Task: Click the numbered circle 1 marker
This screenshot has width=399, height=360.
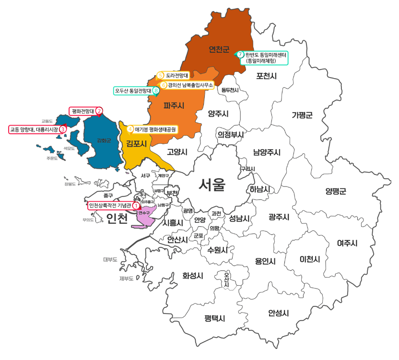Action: (x=136, y=206)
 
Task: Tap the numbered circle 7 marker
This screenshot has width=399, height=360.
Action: (x=240, y=54)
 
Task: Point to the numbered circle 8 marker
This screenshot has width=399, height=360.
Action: (x=156, y=90)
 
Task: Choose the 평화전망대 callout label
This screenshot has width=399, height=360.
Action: (x=82, y=111)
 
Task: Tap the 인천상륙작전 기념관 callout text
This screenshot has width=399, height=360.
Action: (x=110, y=206)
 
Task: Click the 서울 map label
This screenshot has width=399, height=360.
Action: (x=212, y=185)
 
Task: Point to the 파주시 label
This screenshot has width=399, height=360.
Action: (x=174, y=105)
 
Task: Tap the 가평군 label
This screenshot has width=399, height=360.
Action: (x=302, y=115)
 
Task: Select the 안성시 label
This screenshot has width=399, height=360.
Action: (x=278, y=313)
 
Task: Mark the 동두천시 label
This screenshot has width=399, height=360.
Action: (x=230, y=90)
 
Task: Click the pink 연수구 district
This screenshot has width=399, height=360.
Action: (x=147, y=218)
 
